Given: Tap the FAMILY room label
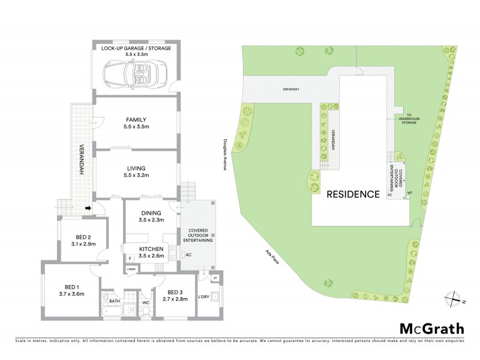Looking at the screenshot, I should point(136,119).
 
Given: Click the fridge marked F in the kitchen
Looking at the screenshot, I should point(130,258).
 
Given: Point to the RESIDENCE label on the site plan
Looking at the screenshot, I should point(353,194).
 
